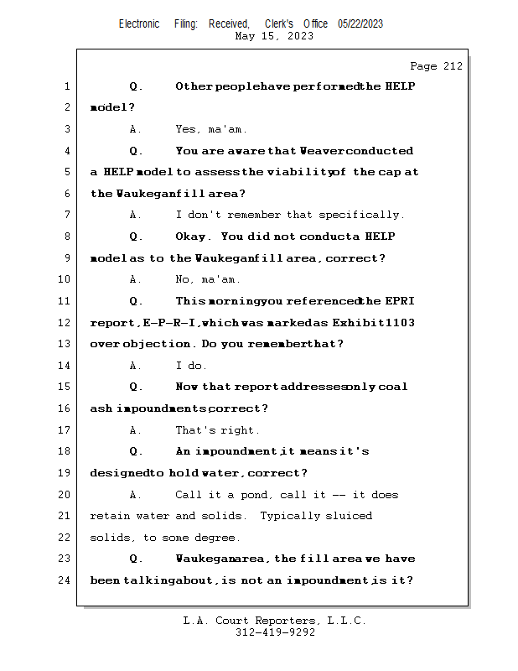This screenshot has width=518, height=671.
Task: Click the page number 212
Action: point(453,66)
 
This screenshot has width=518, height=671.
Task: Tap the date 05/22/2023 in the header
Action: point(360,24)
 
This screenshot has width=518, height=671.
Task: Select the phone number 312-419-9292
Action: point(275,632)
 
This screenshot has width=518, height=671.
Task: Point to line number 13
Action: point(64,344)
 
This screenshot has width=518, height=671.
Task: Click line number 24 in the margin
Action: point(64,580)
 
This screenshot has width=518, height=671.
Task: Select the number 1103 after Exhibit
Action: point(400,322)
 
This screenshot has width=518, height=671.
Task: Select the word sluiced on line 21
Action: point(349,516)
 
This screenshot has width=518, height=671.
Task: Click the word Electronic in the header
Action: point(139,24)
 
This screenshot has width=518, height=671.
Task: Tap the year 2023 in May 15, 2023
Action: point(300,36)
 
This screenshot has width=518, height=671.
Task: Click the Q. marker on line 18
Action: point(136,451)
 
